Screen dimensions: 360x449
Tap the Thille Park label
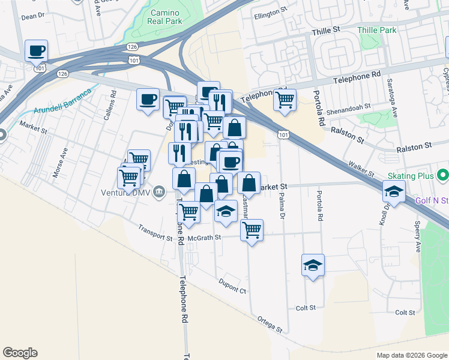pos(377,29)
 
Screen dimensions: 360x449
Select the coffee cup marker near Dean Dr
pos(36,51)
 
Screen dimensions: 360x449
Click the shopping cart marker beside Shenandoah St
pos(285,100)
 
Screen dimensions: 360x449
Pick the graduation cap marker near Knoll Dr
pos(393,192)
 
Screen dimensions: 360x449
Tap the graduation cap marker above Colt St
pos(313,265)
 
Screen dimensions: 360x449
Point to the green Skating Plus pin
pos(443,175)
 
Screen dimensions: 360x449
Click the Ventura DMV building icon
pos(158,192)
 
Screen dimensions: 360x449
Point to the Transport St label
pos(155,232)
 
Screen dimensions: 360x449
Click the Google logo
pos(20,353)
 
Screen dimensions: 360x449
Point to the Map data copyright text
pos(411,355)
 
